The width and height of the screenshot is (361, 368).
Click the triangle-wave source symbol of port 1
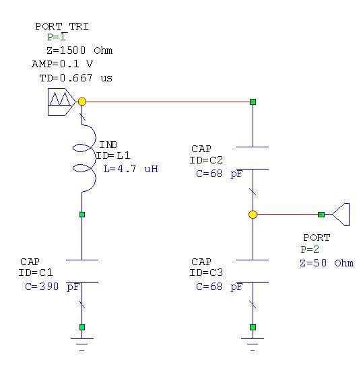(x=61, y=102)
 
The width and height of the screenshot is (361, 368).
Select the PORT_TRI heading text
(x=62, y=26)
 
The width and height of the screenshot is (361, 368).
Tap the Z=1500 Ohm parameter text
(x=79, y=50)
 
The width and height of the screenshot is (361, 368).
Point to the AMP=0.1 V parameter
(x=62, y=64)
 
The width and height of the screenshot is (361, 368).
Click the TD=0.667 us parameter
(x=75, y=78)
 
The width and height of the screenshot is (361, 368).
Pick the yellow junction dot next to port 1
(x=82, y=102)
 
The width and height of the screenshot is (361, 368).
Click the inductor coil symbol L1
(x=84, y=158)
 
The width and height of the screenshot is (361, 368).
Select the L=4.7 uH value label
(x=131, y=169)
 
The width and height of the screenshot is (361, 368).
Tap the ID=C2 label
(x=206, y=160)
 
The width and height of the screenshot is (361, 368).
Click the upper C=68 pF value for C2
(x=219, y=174)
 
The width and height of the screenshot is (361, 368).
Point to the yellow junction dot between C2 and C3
(x=253, y=215)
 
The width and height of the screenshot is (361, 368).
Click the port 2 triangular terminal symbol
(x=341, y=215)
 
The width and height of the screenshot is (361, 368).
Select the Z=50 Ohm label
(x=327, y=263)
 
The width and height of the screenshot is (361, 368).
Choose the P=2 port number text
(x=310, y=250)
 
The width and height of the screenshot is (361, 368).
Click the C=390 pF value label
(x=52, y=287)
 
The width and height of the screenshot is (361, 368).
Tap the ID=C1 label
(x=36, y=272)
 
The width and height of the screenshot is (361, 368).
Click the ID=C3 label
(x=206, y=272)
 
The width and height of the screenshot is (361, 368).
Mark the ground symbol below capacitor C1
(x=82, y=344)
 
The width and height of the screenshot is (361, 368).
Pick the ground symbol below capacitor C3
(x=253, y=344)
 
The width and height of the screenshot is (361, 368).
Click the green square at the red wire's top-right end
(x=253, y=102)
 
